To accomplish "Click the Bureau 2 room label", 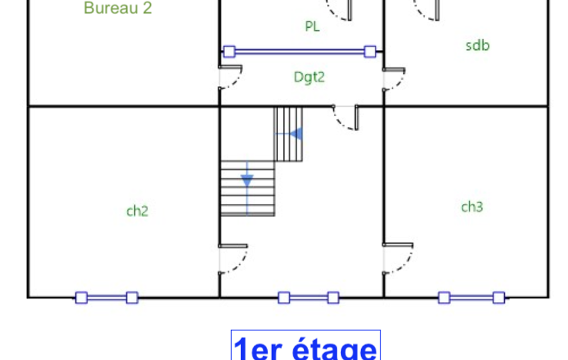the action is click(x=117, y=8).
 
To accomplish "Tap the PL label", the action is click(x=312, y=26).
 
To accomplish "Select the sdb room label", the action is click(x=478, y=45).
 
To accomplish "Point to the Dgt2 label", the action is click(x=309, y=77).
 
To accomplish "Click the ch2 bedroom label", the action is click(x=137, y=211).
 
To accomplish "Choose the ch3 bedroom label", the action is click(x=472, y=207).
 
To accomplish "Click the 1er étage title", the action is click(x=306, y=348).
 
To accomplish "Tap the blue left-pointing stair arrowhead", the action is click(x=296, y=133).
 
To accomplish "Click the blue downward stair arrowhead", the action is click(x=247, y=181).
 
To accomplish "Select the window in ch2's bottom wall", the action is click(x=107, y=298).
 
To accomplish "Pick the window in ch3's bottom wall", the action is click(x=472, y=298).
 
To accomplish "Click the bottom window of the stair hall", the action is click(x=309, y=298).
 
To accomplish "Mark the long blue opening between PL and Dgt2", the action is click(x=300, y=52).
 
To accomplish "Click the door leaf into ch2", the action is click(x=233, y=246).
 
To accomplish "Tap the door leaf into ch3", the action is click(x=398, y=245).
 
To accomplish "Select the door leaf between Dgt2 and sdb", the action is click(x=394, y=70).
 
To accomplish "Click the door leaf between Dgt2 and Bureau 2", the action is click(x=230, y=66).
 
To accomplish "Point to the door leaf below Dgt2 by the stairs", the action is click(x=356, y=117).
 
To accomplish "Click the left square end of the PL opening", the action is click(x=229, y=52).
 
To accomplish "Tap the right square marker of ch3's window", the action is click(x=499, y=298).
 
